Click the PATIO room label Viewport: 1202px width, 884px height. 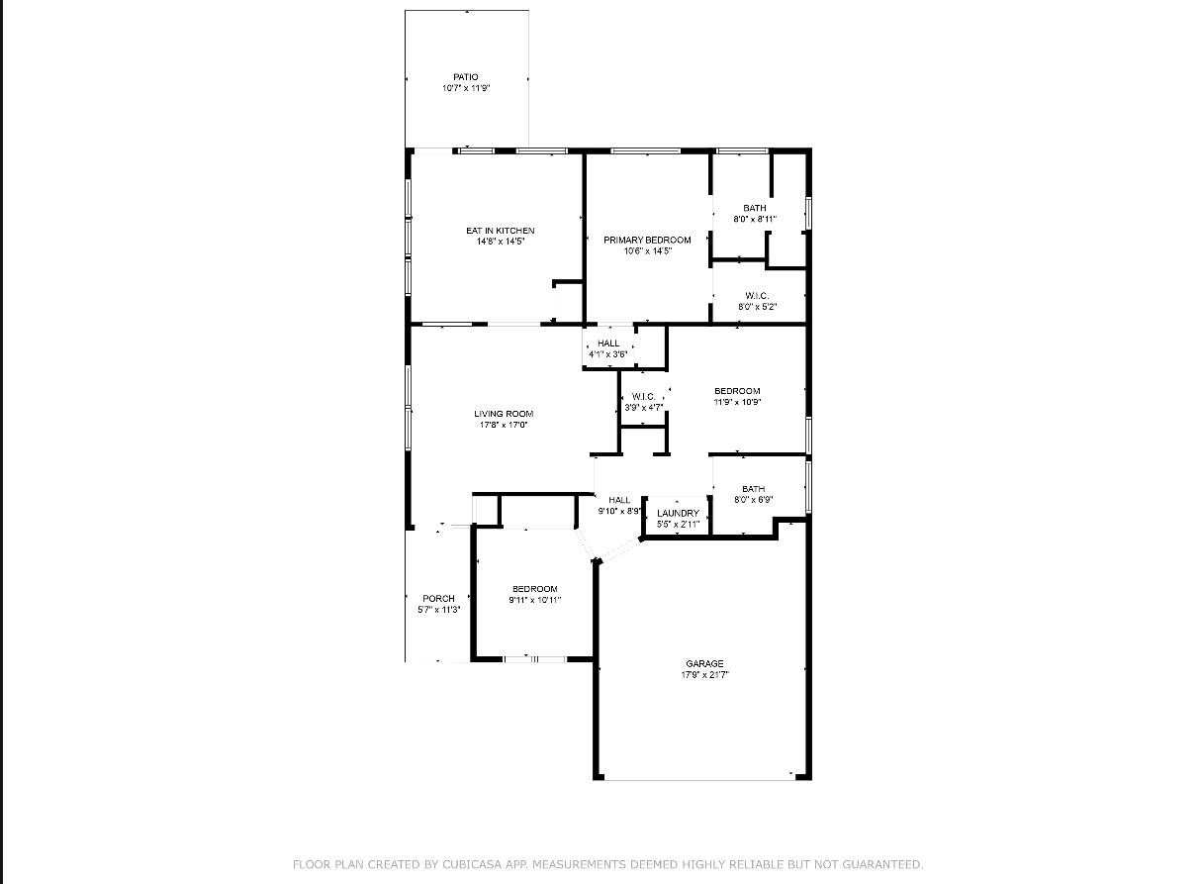[x=465, y=77]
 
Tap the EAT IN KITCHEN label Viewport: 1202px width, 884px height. [x=501, y=231]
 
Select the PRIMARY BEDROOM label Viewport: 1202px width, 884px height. [x=647, y=241]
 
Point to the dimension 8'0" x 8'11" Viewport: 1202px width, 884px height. [x=755, y=219]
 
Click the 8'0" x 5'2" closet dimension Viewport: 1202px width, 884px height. [x=757, y=307]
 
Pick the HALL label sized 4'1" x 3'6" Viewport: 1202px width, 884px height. [x=608, y=344]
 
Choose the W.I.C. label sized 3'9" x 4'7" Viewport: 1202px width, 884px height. [x=643, y=397]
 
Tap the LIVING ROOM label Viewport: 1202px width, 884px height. [x=504, y=414]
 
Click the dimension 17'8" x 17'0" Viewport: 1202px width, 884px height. [x=504, y=425]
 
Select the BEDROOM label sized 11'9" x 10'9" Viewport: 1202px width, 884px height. [x=737, y=391]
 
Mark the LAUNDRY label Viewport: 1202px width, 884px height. [x=678, y=514]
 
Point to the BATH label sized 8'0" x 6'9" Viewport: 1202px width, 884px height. [x=754, y=489]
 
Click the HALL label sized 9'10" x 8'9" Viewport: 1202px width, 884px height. [x=619, y=500]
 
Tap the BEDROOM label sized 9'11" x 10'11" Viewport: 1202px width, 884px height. [x=534, y=589]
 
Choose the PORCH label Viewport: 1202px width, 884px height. [x=438, y=598]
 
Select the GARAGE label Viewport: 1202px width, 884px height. [x=704, y=664]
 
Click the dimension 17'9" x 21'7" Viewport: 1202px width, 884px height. [x=704, y=675]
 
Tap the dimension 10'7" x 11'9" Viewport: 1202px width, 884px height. [x=466, y=88]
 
